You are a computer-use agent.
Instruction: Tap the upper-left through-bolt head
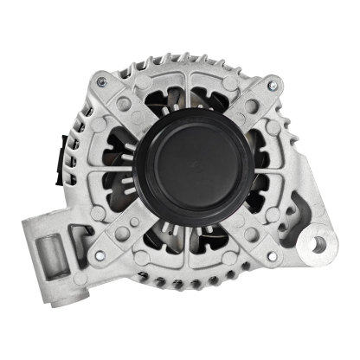(x=102, y=82)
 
